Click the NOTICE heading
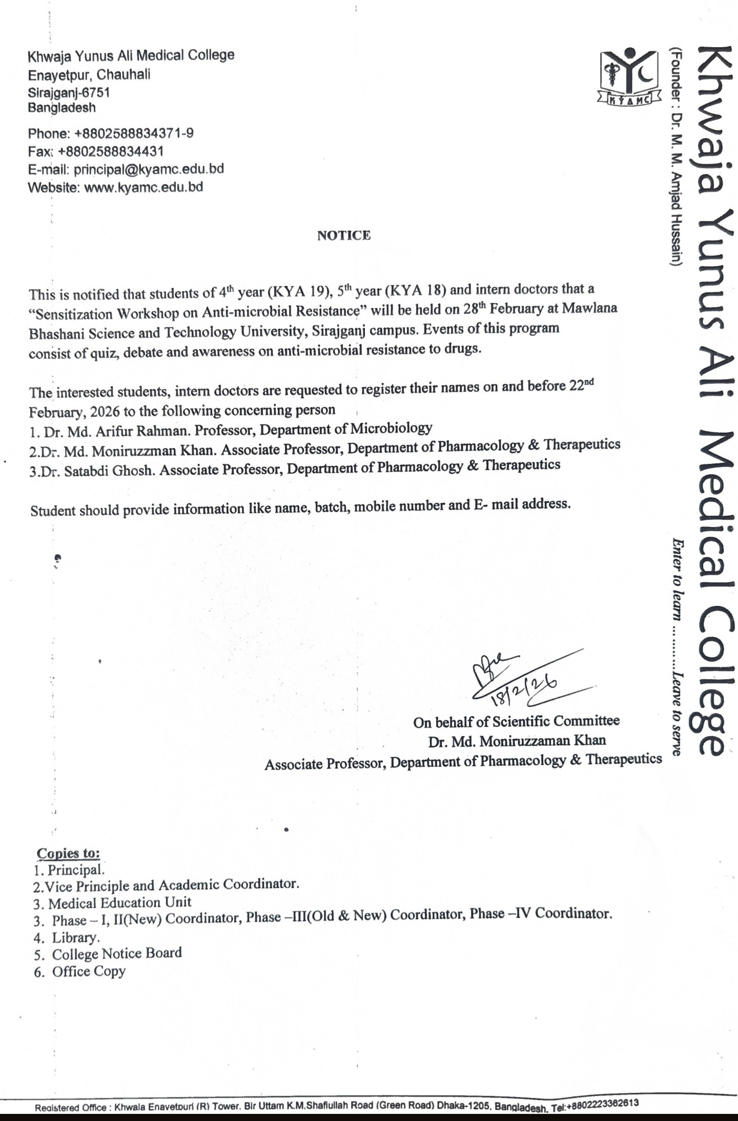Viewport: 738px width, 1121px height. [x=344, y=235]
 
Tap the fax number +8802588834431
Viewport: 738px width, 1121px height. [x=111, y=152]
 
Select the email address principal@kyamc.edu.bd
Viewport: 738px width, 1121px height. [x=149, y=169]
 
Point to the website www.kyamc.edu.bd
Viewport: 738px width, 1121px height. [x=143, y=187]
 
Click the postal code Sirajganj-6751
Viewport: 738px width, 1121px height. [x=69, y=93]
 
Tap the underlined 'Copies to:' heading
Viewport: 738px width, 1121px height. [x=68, y=853]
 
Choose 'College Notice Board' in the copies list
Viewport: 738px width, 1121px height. [x=117, y=953]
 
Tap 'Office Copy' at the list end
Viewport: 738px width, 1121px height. [x=89, y=971]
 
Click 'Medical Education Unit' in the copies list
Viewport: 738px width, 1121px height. [x=119, y=903]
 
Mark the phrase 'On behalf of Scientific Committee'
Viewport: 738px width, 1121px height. [x=516, y=722]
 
